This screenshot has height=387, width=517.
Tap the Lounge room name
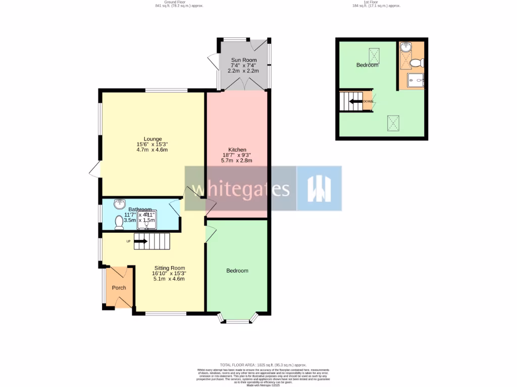pyautogui.click(x=152, y=139)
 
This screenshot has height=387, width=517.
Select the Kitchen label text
pyautogui.click(x=237, y=150)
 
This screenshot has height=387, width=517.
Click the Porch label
pyautogui.click(x=119, y=288)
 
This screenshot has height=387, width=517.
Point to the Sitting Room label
pyautogui.click(x=169, y=268)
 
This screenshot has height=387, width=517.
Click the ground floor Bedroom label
pyautogui.click(x=237, y=271)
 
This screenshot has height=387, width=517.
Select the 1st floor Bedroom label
pyautogui.click(x=367, y=65)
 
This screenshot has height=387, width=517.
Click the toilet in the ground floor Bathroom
pyautogui.click(x=119, y=222)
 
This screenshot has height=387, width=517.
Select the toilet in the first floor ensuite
pyautogui.click(x=417, y=63)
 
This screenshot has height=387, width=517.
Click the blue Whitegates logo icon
pyautogui.click(x=319, y=188)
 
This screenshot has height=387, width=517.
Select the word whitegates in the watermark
pyautogui.click(x=240, y=189)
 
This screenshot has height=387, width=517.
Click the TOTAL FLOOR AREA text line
pyautogui.click(x=263, y=365)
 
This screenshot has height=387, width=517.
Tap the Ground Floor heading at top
pyautogui.click(x=169, y=2)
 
